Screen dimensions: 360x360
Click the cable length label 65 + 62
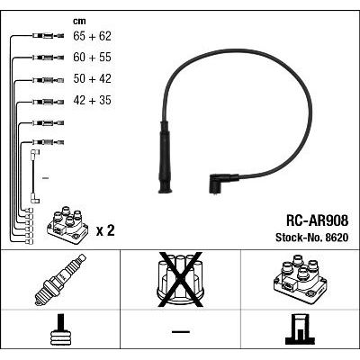click(x=92, y=36)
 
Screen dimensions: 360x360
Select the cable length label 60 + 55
click(x=92, y=58)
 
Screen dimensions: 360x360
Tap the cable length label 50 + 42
click(x=92, y=78)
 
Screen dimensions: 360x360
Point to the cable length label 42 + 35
click(x=92, y=100)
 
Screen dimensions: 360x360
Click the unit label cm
click(x=79, y=21)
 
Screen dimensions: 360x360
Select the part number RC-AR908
click(x=318, y=221)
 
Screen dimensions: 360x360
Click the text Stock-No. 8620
click(x=312, y=238)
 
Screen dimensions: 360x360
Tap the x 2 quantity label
click(x=105, y=230)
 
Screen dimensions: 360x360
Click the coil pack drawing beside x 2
click(x=67, y=225)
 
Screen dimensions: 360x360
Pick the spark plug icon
click(x=60, y=280)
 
